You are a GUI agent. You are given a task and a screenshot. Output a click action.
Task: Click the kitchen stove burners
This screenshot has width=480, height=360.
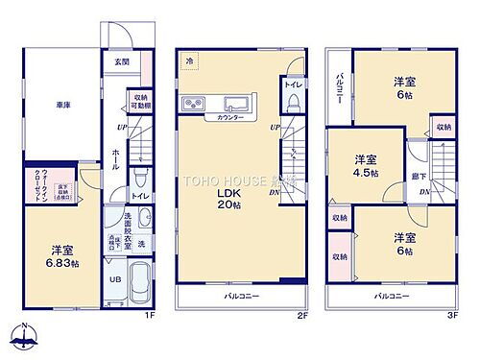click(x=191, y=103)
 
